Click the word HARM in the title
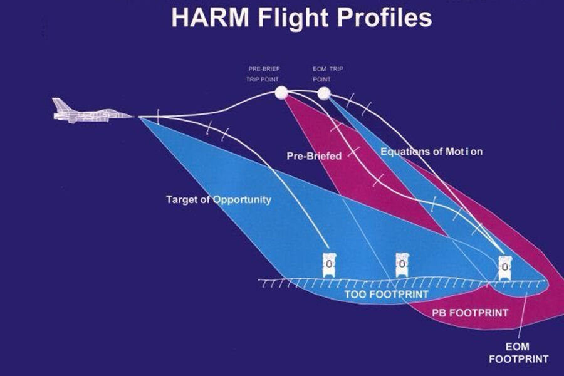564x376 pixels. (210, 18)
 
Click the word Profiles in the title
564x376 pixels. (384, 18)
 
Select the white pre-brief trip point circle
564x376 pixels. (281, 93)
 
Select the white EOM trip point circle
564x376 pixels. (324, 93)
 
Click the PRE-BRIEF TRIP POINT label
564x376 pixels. (263, 74)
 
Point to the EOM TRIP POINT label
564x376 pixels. (328, 74)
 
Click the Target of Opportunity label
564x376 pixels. (219, 200)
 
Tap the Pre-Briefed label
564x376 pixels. (314, 156)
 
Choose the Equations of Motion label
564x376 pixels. (431, 152)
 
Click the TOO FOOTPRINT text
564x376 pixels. (386, 295)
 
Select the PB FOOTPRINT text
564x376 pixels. (470, 313)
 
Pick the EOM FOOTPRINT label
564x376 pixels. (518, 353)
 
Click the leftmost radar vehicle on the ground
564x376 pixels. (329, 265)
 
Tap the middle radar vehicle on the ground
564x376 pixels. (402, 265)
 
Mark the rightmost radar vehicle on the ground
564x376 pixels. (505, 268)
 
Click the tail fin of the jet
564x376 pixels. (60, 105)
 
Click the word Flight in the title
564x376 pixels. (293, 18)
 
